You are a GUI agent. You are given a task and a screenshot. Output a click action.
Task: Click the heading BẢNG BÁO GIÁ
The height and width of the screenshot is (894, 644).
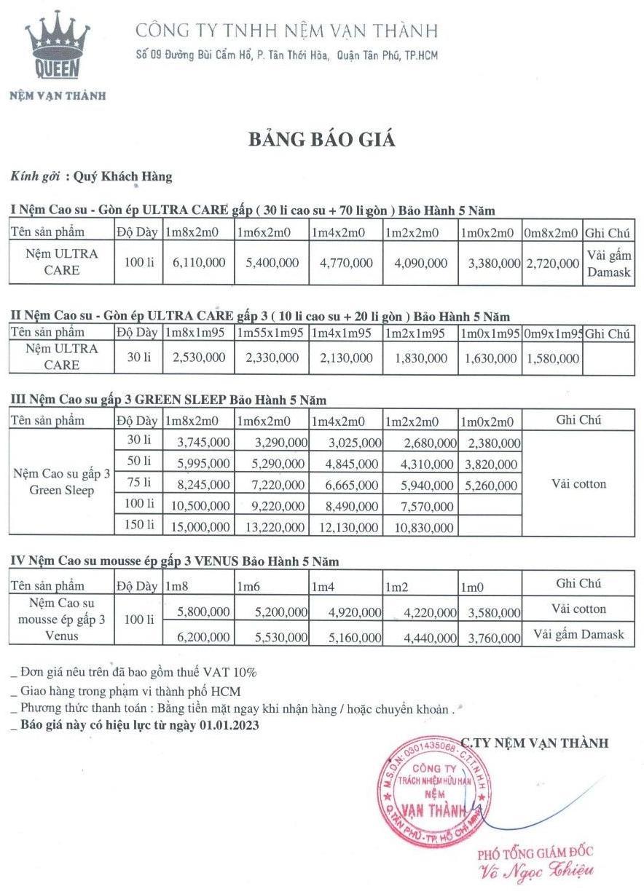(321, 140)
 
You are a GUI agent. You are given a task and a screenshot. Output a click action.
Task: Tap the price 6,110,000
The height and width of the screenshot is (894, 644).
(199, 263)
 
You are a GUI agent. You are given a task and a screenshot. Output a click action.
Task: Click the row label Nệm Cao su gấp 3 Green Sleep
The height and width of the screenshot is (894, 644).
(62, 482)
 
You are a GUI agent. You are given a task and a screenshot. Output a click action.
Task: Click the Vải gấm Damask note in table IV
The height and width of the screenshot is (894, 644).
(579, 634)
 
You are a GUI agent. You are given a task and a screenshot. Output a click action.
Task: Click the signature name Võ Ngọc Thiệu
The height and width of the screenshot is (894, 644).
(535, 871)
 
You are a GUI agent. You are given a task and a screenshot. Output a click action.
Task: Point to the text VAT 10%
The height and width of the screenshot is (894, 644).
(230, 672)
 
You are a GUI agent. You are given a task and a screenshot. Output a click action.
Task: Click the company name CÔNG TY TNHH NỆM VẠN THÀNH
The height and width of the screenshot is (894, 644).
(287, 31)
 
